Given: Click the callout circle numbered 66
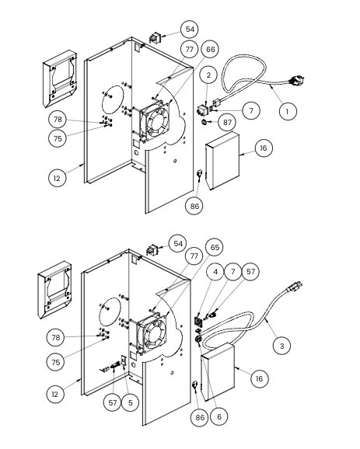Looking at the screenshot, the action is (211, 49).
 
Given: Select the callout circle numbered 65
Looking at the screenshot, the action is (215, 247).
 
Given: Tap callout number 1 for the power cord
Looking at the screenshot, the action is (288, 111).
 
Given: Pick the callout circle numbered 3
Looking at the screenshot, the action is (281, 346).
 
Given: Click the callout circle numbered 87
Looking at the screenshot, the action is (227, 122).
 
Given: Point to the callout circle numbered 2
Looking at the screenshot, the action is (208, 75).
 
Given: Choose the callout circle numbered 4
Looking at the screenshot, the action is (215, 271).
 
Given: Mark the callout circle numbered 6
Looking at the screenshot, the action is (219, 416).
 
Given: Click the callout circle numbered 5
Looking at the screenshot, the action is (131, 402).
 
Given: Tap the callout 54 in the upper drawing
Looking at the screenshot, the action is (190, 30).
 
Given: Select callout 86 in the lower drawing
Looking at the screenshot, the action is (200, 417).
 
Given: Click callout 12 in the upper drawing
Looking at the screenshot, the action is (57, 178).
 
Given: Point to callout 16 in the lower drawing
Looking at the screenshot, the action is (259, 378).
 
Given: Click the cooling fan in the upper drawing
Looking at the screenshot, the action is (155, 120).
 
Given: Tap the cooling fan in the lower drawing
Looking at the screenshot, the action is (152, 332).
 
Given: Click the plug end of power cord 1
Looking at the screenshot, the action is (297, 79).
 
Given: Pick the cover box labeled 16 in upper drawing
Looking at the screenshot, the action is (222, 161).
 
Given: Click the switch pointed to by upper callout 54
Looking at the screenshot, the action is (155, 38).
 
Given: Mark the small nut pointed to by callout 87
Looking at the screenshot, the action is (204, 122).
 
